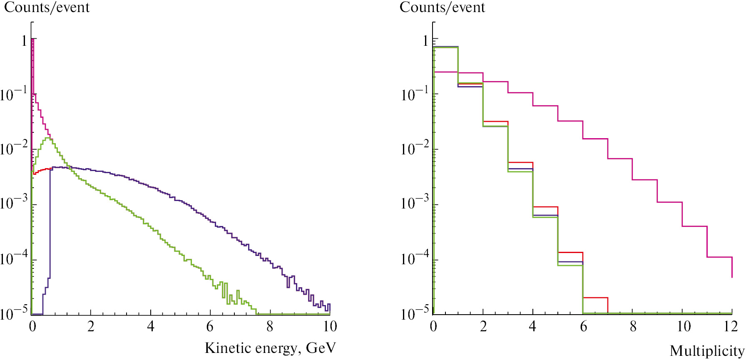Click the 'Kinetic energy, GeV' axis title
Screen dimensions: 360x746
[x=270, y=348]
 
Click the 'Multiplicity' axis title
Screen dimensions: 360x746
[x=706, y=351]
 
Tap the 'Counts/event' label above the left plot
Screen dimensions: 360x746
[x=47, y=7]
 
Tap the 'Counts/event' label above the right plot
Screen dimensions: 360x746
[x=442, y=7]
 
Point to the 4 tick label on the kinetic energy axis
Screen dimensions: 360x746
[x=151, y=326]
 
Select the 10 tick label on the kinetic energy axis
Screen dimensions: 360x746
[x=329, y=326]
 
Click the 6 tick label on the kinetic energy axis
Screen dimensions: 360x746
[x=210, y=326]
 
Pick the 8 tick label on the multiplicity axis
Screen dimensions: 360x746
[x=633, y=326]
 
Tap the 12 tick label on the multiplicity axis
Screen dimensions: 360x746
[x=731, y=326]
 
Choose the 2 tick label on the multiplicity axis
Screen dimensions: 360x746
[x=483, y=326]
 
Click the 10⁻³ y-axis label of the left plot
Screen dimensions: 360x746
[x=13, y=203]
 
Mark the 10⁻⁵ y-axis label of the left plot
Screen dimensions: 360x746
[x=13, y=313]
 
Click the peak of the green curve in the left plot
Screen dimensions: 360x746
[x=49, y=138]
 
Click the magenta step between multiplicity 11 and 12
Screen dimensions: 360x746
[x=719, y=257]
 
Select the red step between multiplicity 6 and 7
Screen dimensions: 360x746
[x=595, y=298]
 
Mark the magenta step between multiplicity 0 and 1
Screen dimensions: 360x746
[x=445, y=72]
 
